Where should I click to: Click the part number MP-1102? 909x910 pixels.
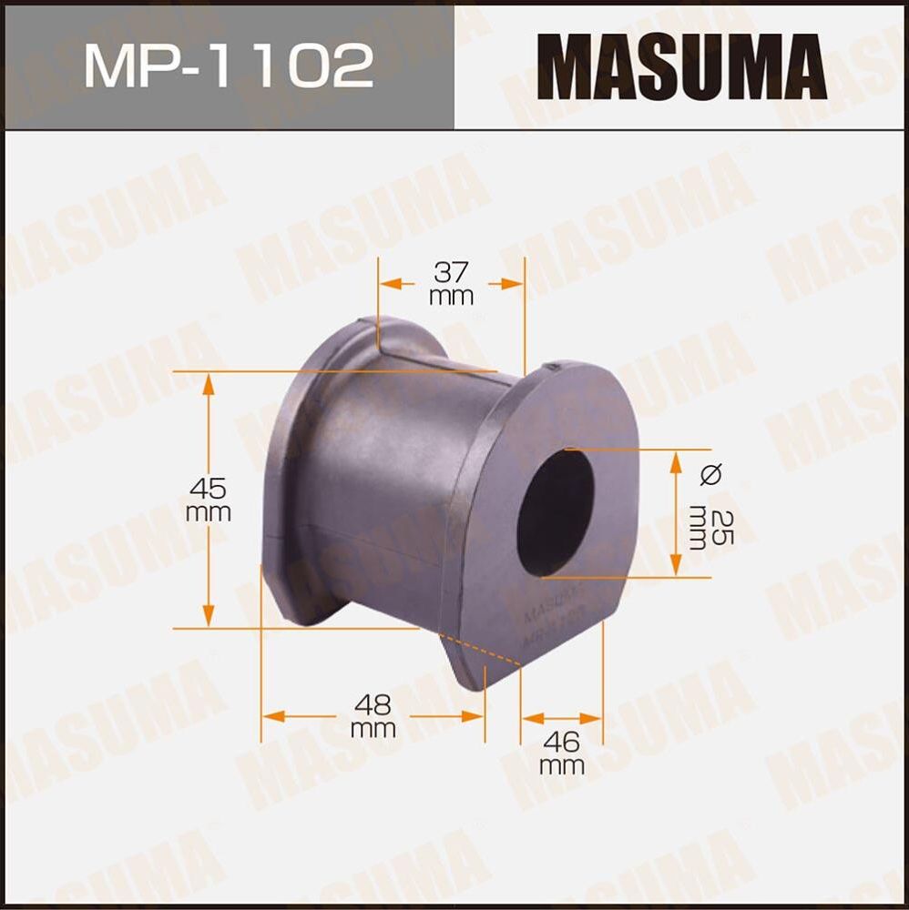pyautogui.click(x=228, y=66)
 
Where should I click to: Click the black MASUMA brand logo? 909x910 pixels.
pyautogui.click(x=680, y=66)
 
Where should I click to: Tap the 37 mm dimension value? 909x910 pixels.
pyautogui.click(x=452, y=283)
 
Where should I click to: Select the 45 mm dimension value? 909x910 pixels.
pyautogui.click(x=209, y=499)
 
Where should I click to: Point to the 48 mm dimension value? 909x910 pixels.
pyautogui.click(x=373, y=715)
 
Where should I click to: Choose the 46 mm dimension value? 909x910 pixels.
pyautogui.click(x=561, y=752)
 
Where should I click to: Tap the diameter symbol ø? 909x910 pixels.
pyautogui.click(x=711, y=473)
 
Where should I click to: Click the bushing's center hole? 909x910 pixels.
pyautogui.click(x=554, y=512)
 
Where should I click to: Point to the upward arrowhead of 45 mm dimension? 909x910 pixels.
pyautogui.click(x=209, y=382)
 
